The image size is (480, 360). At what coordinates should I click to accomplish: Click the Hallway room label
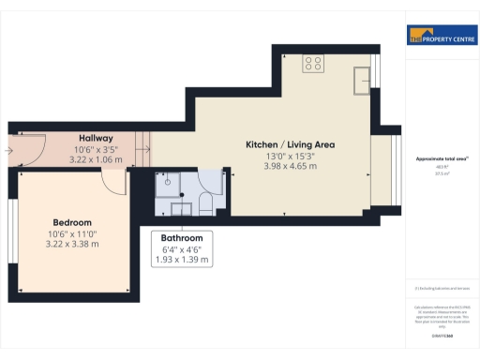pos(96,139)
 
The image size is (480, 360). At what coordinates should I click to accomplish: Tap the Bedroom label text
pos(71,222)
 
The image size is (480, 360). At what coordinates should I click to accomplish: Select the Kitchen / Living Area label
pos(290,144)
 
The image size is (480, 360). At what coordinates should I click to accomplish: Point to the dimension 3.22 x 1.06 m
pos(96,159)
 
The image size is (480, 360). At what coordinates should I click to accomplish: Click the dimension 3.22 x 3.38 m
pos(71,244)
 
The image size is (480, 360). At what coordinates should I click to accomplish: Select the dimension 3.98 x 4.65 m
pos(290,166)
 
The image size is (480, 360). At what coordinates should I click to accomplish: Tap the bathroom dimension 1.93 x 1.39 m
pos(183,259)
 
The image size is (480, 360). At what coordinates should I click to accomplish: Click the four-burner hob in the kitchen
pos(314,65)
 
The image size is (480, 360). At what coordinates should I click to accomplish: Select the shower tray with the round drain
pos(167,183)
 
